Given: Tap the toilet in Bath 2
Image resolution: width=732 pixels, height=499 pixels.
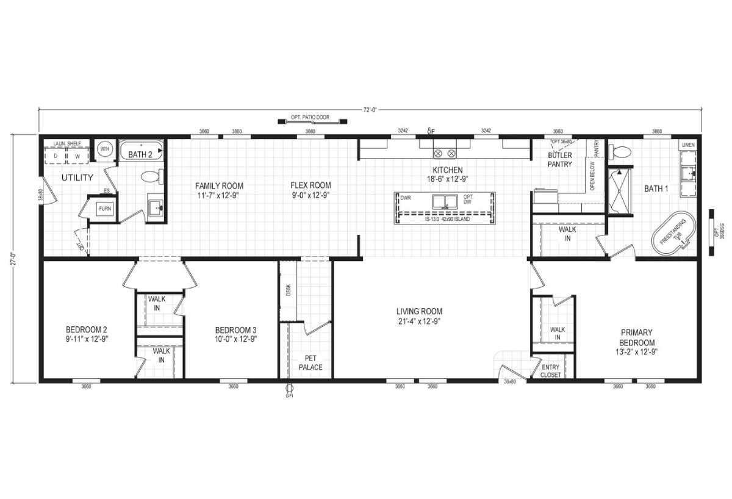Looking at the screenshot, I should pos(151,177).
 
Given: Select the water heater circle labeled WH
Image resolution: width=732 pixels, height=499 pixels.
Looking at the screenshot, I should pos(104,149).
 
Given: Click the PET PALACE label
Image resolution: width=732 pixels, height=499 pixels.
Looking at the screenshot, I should pos(310,363).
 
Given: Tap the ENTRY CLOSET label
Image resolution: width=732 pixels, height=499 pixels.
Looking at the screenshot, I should pos(550,370).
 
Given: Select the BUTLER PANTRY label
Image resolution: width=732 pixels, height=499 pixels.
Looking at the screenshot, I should pos(559,160).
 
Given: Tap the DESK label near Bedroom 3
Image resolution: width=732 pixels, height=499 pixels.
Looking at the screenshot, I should pos(288,290).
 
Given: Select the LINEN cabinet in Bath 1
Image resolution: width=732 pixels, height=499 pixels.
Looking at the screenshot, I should pos(688,145).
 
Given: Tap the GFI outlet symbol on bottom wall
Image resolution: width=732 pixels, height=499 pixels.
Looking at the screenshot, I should pos(289,388).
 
